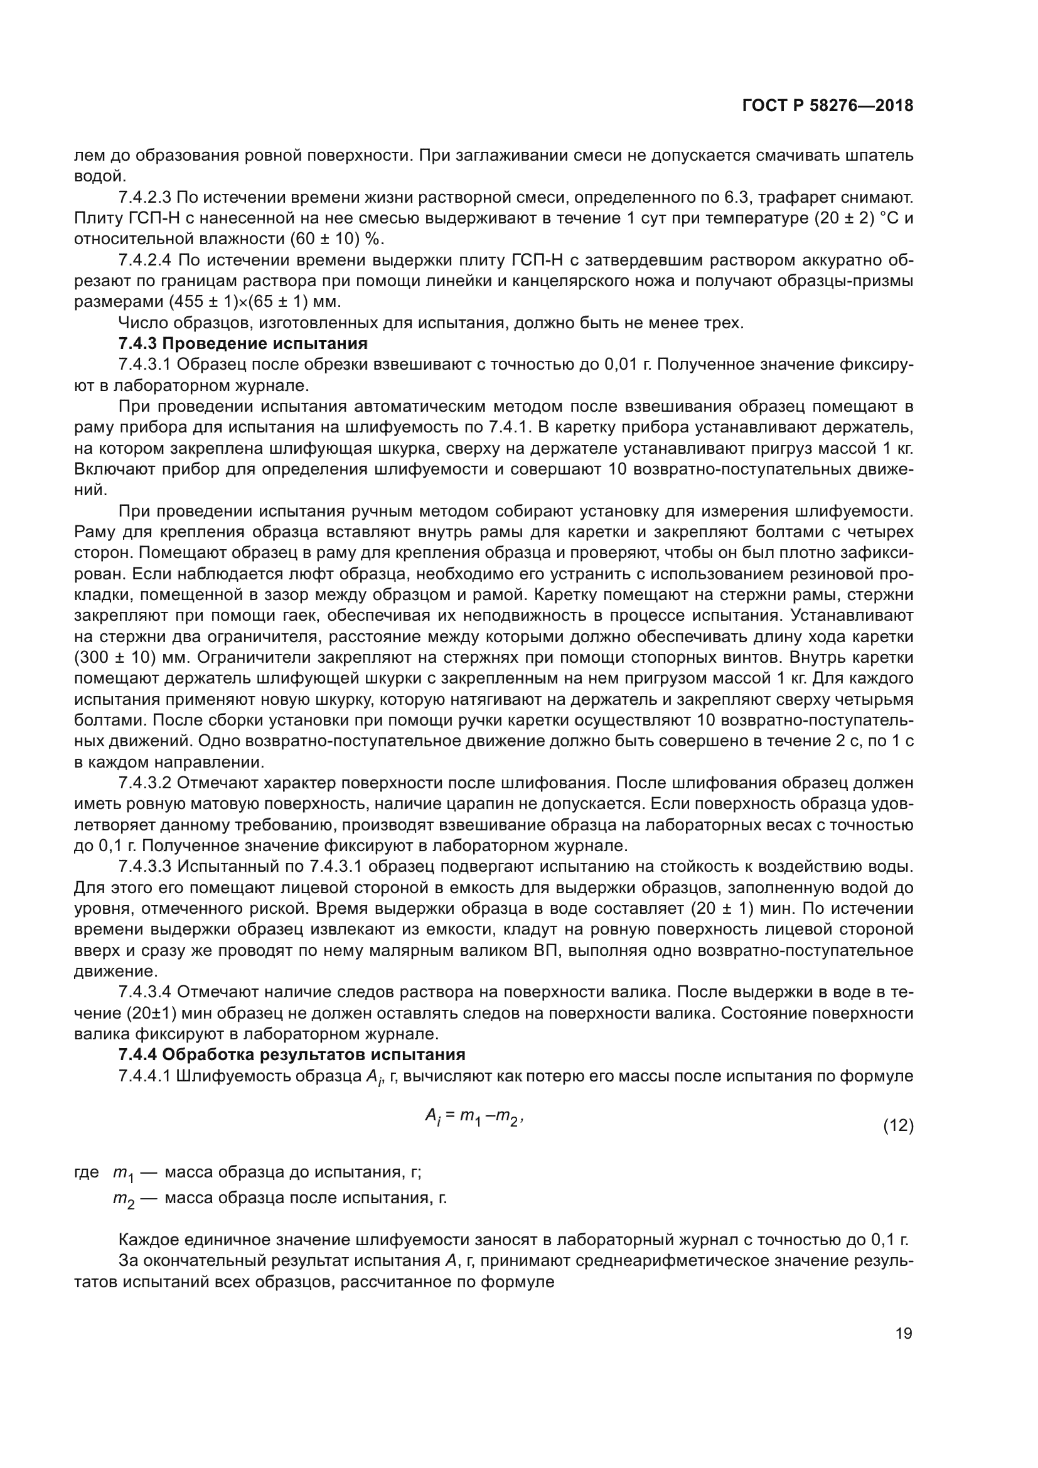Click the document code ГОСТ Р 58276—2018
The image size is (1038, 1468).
click(828, 106)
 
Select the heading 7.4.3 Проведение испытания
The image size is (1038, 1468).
click(243, 344)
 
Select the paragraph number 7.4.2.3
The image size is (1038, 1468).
click(145, 198)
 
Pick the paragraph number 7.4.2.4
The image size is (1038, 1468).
click(145, 260)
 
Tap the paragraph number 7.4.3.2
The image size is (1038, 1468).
click(145, 783)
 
